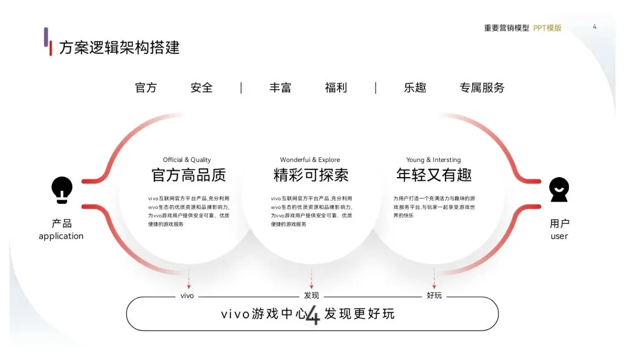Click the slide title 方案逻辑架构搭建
coord(119,47)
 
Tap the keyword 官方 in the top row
coord(146,88)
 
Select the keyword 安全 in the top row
coord(201,88)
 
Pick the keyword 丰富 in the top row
coord(280,88)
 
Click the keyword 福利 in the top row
coord(336,88)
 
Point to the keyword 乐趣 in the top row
coord(415,88)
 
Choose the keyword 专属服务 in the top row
coord(482,88)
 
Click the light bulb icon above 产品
coord(62,190)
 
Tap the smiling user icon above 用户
coord(559,190)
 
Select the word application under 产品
coord(61,236)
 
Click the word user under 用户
coord(559,236)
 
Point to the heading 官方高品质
coord(189,175)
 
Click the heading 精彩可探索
coord(311,175)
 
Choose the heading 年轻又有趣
coord(434,175)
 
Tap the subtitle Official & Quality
coord(186,160)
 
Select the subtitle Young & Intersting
coord(433,160)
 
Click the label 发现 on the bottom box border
coord(311,295)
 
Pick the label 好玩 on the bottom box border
coord(434,295)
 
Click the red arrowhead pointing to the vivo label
coord(189,286)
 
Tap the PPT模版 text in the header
coord(547,28)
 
